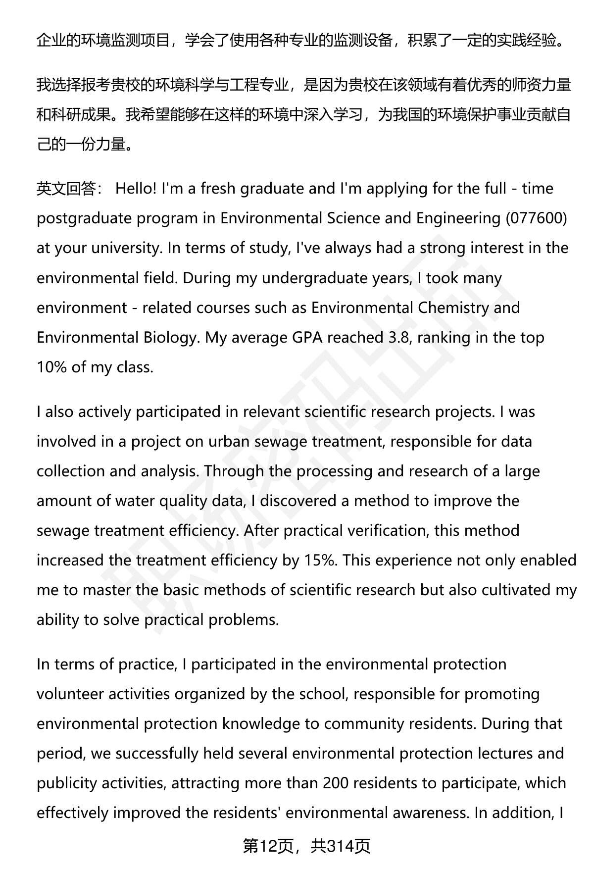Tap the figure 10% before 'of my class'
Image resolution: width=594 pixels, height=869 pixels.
[51, 367]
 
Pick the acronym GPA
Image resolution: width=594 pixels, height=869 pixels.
[290, 338]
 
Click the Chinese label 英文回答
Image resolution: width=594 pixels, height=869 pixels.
[66, 189]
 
